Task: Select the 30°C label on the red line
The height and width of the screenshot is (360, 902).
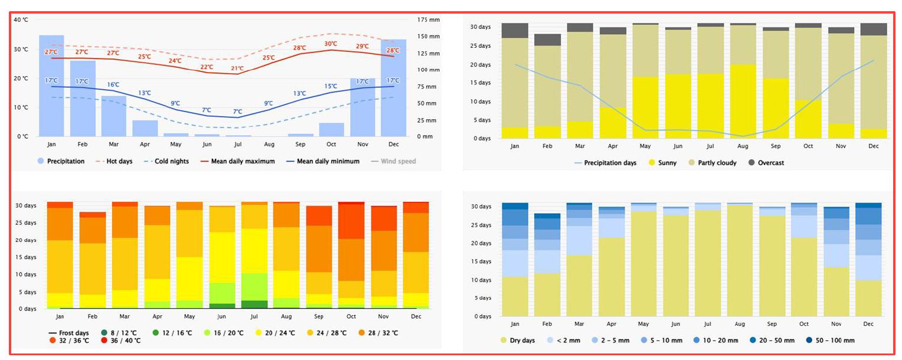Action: tap(331, 44)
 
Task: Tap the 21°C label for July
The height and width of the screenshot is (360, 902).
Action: tap(237, 68)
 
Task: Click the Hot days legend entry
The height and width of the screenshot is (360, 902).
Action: tap(116, 161)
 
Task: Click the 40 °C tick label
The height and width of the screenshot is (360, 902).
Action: tap(21, 19)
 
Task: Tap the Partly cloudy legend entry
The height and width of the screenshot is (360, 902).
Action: tap(711, 163)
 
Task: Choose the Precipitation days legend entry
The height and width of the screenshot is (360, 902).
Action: tap(604, 163)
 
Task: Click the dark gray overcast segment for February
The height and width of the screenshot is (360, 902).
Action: tap(548, 40)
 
